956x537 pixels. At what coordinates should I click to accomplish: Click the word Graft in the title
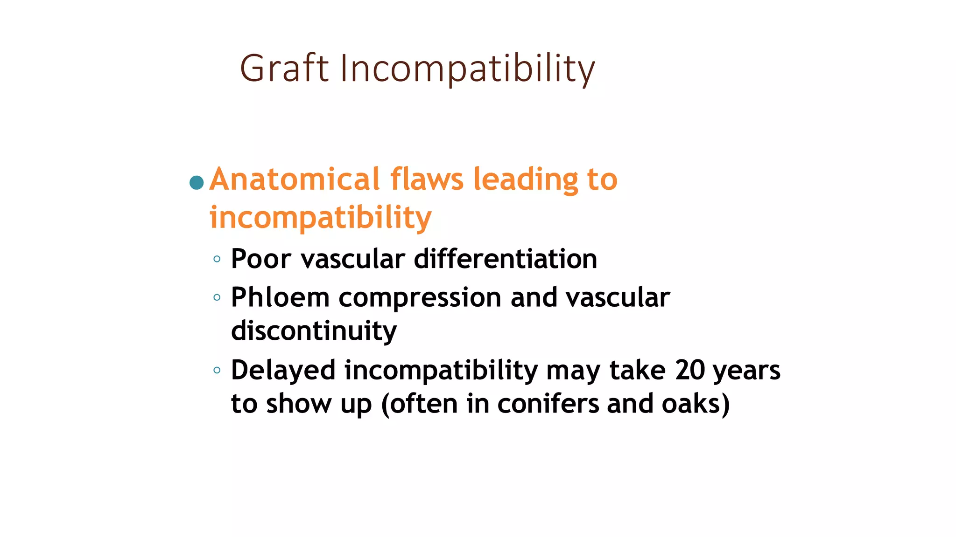[284, 69]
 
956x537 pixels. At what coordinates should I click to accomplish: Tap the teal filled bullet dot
[197, 182]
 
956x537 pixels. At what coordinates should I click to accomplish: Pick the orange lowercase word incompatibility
[320, 218]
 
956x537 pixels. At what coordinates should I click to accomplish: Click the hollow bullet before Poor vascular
[217, 259]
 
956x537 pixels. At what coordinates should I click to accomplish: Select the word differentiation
[505, 259]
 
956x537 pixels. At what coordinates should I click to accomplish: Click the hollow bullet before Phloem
[217, 297]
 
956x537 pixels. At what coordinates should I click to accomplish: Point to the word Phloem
[280, 297]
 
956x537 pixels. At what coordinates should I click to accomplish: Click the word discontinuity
[314, 331]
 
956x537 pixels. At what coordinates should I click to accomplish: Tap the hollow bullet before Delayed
[217, 371]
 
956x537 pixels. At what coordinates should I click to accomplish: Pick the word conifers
[548, 404]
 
